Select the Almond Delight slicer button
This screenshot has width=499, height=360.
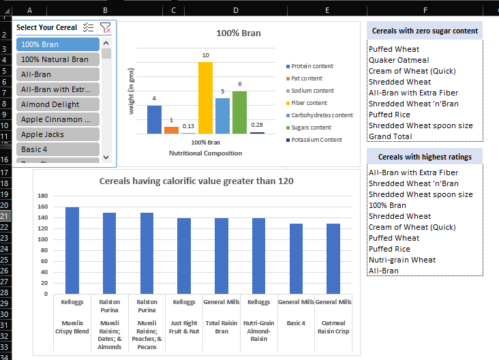pos(58,104)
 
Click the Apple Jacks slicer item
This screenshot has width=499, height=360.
pos(58,134)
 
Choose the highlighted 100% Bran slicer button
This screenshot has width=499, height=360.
pos(58,44)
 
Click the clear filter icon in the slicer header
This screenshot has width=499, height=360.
pos(105,27)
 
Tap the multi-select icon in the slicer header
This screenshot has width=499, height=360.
pos(88,27)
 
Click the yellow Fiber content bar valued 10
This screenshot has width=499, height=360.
pos(205,97)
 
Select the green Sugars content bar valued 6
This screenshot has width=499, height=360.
pos(239,112)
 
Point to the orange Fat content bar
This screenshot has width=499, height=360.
pos(171,130)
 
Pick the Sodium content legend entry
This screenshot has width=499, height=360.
pos(312,91)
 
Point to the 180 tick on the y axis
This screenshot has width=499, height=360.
pos(42,196)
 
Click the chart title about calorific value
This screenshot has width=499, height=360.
pos(196,181)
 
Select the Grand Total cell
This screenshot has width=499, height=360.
pos(391,136)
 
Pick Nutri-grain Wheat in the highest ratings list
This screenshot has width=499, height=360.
pos(402,260)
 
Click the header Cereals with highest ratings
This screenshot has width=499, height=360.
pos(425,157)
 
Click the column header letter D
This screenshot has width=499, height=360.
pos(235,10)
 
